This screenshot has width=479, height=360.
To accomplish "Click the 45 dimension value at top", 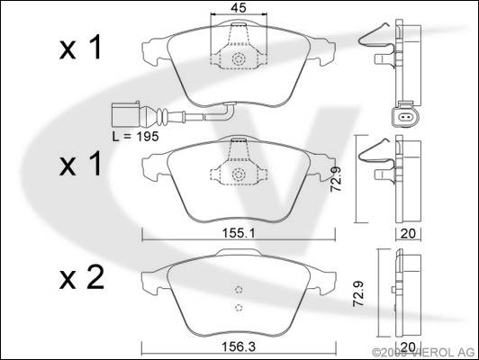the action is [x=239, y=7].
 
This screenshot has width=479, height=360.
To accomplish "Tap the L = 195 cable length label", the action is [x=135, y=137].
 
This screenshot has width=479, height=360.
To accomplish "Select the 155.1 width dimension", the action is [x=239, y=234].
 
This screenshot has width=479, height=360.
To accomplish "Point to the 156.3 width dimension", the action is [x=239, y=346].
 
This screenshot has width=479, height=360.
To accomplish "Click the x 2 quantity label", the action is [x=82, y=278].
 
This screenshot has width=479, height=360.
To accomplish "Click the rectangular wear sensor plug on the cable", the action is [x=125, y=114].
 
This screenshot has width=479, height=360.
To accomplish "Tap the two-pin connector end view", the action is [x=406, y=116].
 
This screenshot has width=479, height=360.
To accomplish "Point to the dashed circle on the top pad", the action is [x=239, y=58].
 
